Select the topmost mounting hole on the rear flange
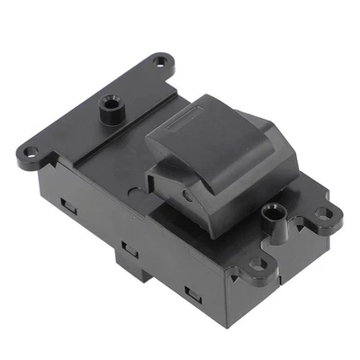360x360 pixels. coord(162,62)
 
